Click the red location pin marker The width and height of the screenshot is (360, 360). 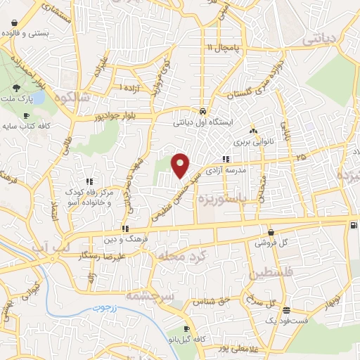[x=181, y=165]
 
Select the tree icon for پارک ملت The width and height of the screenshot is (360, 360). [x=16, y=88]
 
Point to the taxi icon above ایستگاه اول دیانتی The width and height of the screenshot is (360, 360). [x=202, y=111]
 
